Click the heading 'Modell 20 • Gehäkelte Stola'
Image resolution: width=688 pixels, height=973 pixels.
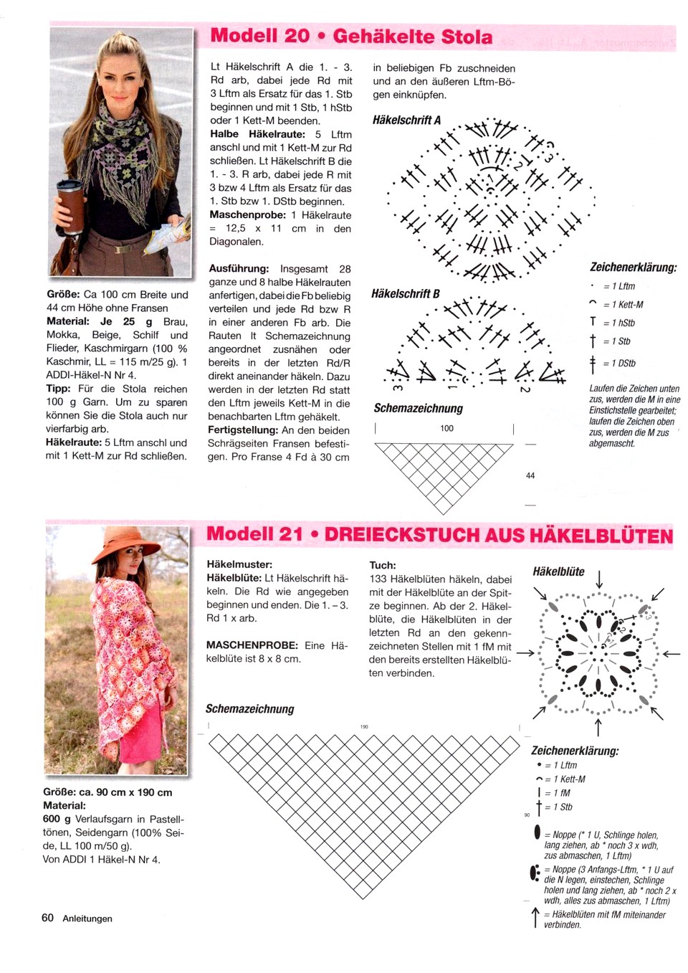[x=351, y=36]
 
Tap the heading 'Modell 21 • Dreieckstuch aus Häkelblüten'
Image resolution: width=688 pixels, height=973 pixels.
[x=439, y=535]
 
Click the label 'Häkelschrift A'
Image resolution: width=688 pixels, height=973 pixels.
[x=406, y=120]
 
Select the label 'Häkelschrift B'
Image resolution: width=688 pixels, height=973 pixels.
[x=405, y=293]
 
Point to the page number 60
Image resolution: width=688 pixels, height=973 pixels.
[x=47, y=918]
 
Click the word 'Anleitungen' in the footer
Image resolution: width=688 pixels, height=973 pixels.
[x=87, y=919]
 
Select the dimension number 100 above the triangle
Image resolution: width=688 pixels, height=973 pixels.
[x=446, y=428]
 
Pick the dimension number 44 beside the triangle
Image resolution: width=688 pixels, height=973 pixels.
[x=530, y=475]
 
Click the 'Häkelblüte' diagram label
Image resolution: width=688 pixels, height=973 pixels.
[x=558, y=571]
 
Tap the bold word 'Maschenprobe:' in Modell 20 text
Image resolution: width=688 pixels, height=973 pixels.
[x=247, y=215]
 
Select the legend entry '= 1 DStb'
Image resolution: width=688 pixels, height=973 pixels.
[x=619, y=364]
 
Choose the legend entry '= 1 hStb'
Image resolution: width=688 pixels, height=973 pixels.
[x=618, y=323]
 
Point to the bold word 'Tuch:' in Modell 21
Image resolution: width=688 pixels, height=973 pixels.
[x=383, y=565]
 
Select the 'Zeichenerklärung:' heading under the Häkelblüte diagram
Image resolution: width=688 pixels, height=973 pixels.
[x=575, y=751]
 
